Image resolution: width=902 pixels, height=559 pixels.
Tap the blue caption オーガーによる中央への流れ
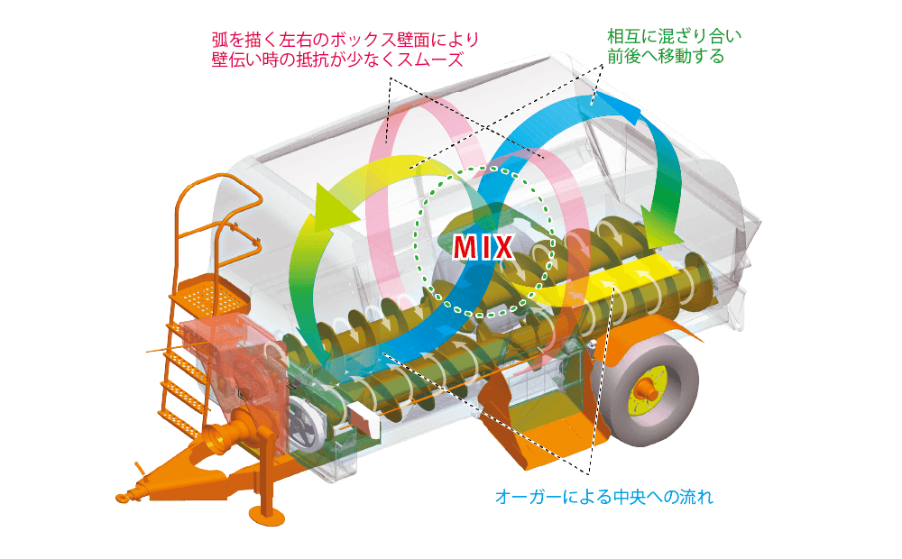click(x=604, y=497)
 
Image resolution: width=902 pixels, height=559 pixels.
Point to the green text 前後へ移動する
click(x=667, y=57)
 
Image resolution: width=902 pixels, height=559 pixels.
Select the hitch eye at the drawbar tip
click(x=123, y=495)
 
